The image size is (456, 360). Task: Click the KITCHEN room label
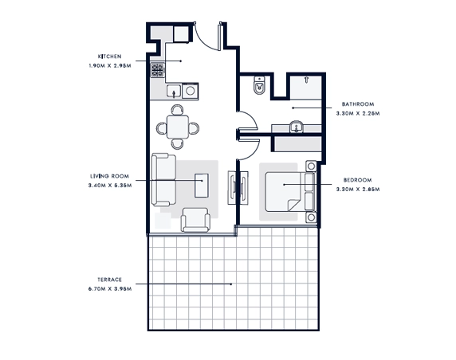(110, 57)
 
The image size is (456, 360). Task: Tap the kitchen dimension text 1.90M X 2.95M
(110, 65)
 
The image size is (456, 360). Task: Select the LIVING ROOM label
(110, 176)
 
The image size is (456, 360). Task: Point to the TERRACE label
(110, 280)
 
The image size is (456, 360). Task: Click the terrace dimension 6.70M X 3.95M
(110, 289)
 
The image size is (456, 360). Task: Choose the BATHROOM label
(358, 104)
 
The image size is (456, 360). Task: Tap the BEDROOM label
(358, 180)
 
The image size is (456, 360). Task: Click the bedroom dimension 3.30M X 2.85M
(358, 190)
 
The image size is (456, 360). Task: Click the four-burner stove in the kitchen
(157, 70)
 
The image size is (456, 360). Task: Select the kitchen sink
(174, 91)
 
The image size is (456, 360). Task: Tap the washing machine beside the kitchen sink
(191, 91)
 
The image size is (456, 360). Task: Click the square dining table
(178, 127)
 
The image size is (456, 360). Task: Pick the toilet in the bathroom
(259, 85)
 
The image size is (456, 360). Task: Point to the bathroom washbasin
(297, 127)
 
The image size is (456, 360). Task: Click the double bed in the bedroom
(290, 191)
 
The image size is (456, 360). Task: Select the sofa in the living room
(163, 180)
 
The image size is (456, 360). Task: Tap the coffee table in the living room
(202, 186)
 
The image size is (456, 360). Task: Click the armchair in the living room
(195, 220)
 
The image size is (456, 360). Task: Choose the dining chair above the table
(178, 110)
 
